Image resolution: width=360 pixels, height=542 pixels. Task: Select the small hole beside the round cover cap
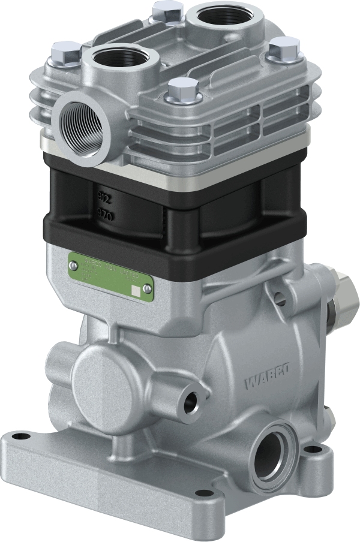point(192,403)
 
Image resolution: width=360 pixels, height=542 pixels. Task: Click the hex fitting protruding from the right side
point(344,297)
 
